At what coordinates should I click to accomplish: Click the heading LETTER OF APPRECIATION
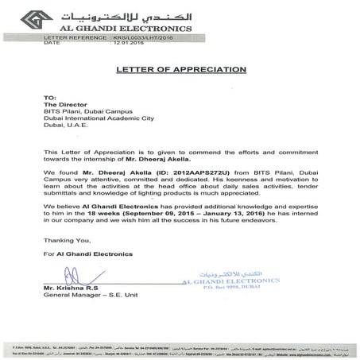pos(180,68)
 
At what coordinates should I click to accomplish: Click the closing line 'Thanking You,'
pos(66,238)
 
